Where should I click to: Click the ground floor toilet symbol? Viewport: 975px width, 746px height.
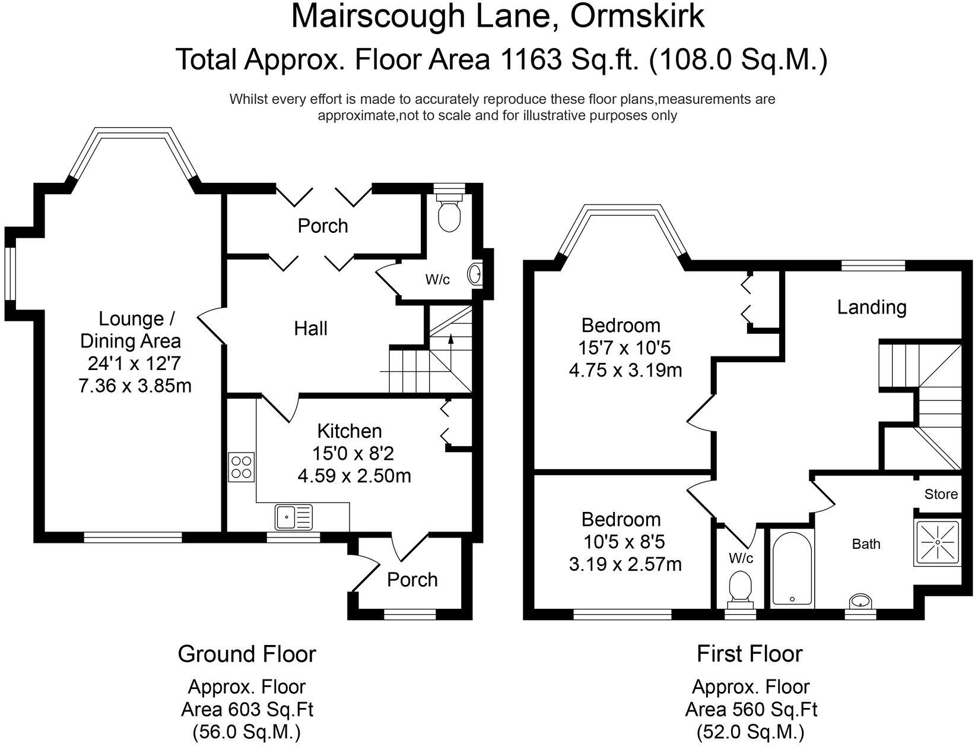[449, 214]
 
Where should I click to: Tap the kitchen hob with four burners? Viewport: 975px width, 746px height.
[242, 467]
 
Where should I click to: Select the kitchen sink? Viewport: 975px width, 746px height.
[294, 516]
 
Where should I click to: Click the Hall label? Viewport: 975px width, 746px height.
[310, 328]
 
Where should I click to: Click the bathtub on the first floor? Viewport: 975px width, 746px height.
[792, 568]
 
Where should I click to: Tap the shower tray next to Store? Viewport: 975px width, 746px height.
[938, 542]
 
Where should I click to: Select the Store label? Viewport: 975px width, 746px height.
[941, 494]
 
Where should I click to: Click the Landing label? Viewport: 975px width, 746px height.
[871, 307]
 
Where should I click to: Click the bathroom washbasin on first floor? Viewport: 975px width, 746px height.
[860, 601]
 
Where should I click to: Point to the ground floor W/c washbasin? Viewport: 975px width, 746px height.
[475, 274]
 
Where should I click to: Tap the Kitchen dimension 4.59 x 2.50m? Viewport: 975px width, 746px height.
[354, 476]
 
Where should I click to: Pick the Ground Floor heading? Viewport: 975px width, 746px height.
[247, 654]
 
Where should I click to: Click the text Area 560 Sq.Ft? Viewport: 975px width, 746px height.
[751, 709]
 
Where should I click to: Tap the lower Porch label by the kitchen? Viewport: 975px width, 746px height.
[412, 580]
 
